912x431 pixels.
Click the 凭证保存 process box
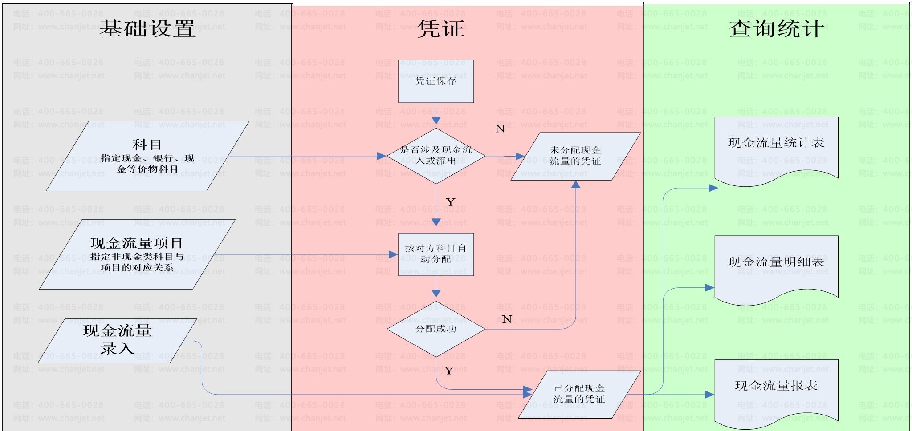pos(436,81)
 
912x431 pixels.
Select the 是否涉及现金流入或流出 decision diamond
pos(436,156)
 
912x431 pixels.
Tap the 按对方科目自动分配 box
pos(436,254)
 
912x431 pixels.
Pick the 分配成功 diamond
pos(436,329)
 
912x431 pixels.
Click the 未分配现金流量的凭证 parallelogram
pos(575,156)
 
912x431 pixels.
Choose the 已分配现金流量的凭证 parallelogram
pos(579,394)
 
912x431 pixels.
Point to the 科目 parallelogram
pos(147,156)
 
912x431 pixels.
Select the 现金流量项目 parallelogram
pos(137,254)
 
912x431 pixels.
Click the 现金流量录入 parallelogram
pos(117,340)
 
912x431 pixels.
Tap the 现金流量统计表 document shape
pos(776,147)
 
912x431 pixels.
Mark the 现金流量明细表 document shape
pos(776,266)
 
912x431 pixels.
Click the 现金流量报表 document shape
pos(776,390)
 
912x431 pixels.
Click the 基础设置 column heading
pos(147,29)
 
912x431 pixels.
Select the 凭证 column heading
pos(441,29)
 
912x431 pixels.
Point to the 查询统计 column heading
pos(776,29)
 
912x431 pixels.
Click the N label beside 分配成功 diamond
pos(507,319)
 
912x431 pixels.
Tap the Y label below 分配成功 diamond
pos(449,371)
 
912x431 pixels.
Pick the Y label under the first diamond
pos(450,202)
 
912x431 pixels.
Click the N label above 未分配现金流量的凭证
pos(500,129)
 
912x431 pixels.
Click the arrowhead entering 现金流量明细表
pos(710,288)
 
